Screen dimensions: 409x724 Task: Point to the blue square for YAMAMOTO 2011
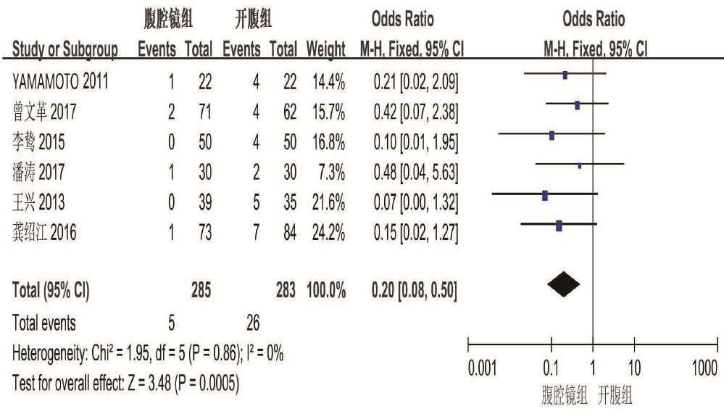point(565,74)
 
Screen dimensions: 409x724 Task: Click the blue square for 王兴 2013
point(545,195)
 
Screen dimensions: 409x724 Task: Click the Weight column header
point(325,51)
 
